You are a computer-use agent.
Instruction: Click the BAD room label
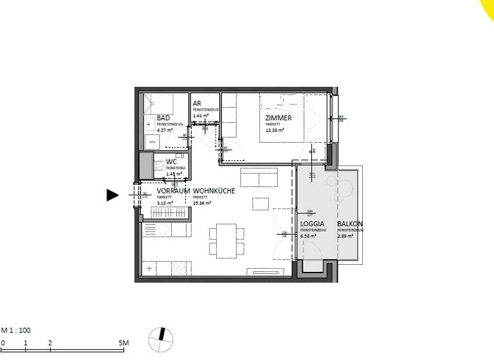[x=163, y=118]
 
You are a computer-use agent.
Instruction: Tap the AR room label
[x=197, y=104]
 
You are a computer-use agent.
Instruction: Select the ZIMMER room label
[x=279, y=118]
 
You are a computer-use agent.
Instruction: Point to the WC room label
[x=171, y=162]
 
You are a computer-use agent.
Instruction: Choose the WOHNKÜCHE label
[x=214, y=192]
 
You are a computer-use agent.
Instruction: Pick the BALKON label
[x=350, y=224]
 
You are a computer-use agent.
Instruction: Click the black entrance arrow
[x=113, y=195]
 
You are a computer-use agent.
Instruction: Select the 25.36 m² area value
[x=201, y=203]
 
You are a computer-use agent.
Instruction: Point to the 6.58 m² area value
[x=309, y=235]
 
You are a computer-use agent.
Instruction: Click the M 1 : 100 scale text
[x=16, y=330]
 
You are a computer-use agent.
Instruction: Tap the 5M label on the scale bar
[x=124, y=343]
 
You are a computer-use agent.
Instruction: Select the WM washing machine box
[x=152, y=141]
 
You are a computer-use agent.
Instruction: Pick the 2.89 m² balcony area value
[x=345, y=235]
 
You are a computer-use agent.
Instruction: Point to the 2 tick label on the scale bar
[x=50, y=343]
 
